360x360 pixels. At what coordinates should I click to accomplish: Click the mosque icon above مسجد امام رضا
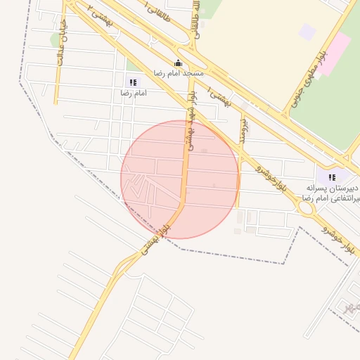pyautogui.click(x=178, y=63)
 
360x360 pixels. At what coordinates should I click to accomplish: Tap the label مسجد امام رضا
pyautogui.click(x=179, y=73)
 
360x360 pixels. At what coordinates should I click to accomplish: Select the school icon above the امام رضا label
pyautogui.click(x=134, y=82)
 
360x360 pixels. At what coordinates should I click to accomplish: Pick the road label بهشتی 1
pyautogui.click(x=224, y=98)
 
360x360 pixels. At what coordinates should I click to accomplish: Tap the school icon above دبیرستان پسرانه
pyautogui.click(x=332, y=177)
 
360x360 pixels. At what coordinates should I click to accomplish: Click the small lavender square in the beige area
pyautogui.click(x=307, y=32)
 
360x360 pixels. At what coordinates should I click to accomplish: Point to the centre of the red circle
pyautogui.click(x=180, y=179)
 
